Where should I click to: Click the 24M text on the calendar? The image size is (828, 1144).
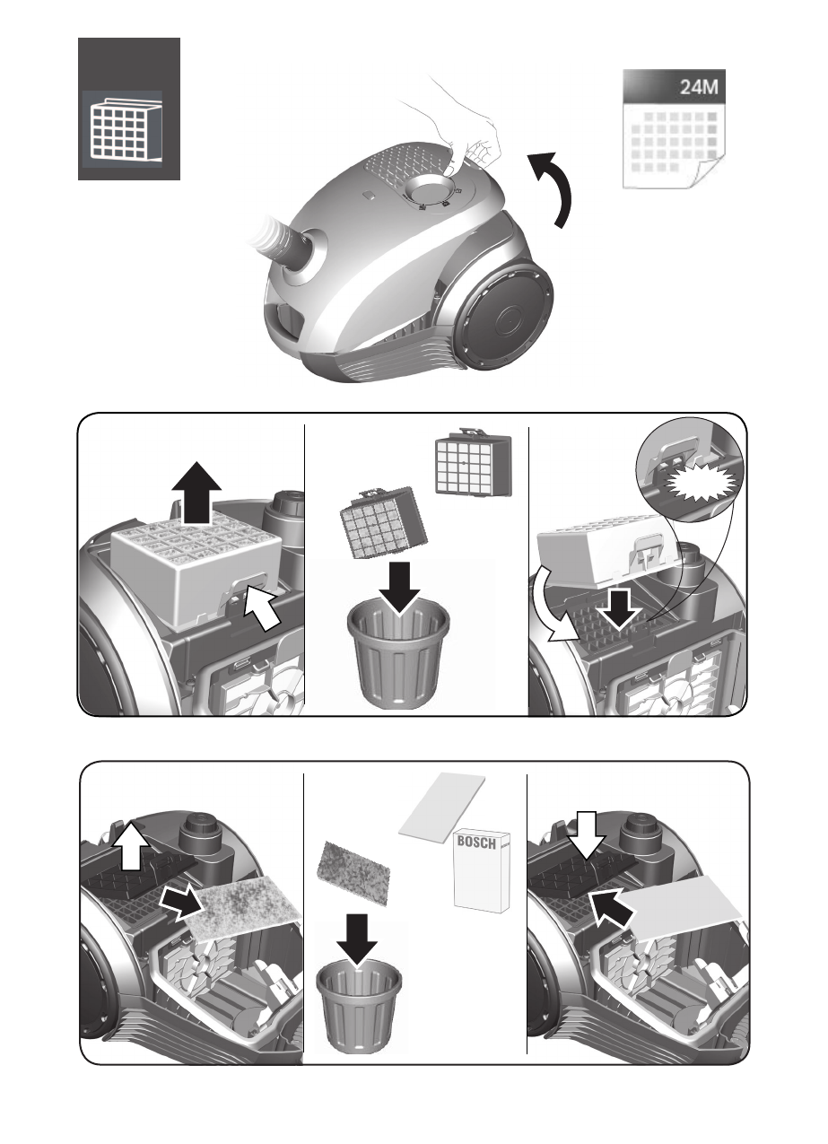[x=699, y=87]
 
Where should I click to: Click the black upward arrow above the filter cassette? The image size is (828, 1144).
[x=196, y=493]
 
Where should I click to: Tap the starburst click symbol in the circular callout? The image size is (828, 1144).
[x=703, y=484]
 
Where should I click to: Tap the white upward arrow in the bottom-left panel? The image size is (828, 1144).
[x=131, y=845]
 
